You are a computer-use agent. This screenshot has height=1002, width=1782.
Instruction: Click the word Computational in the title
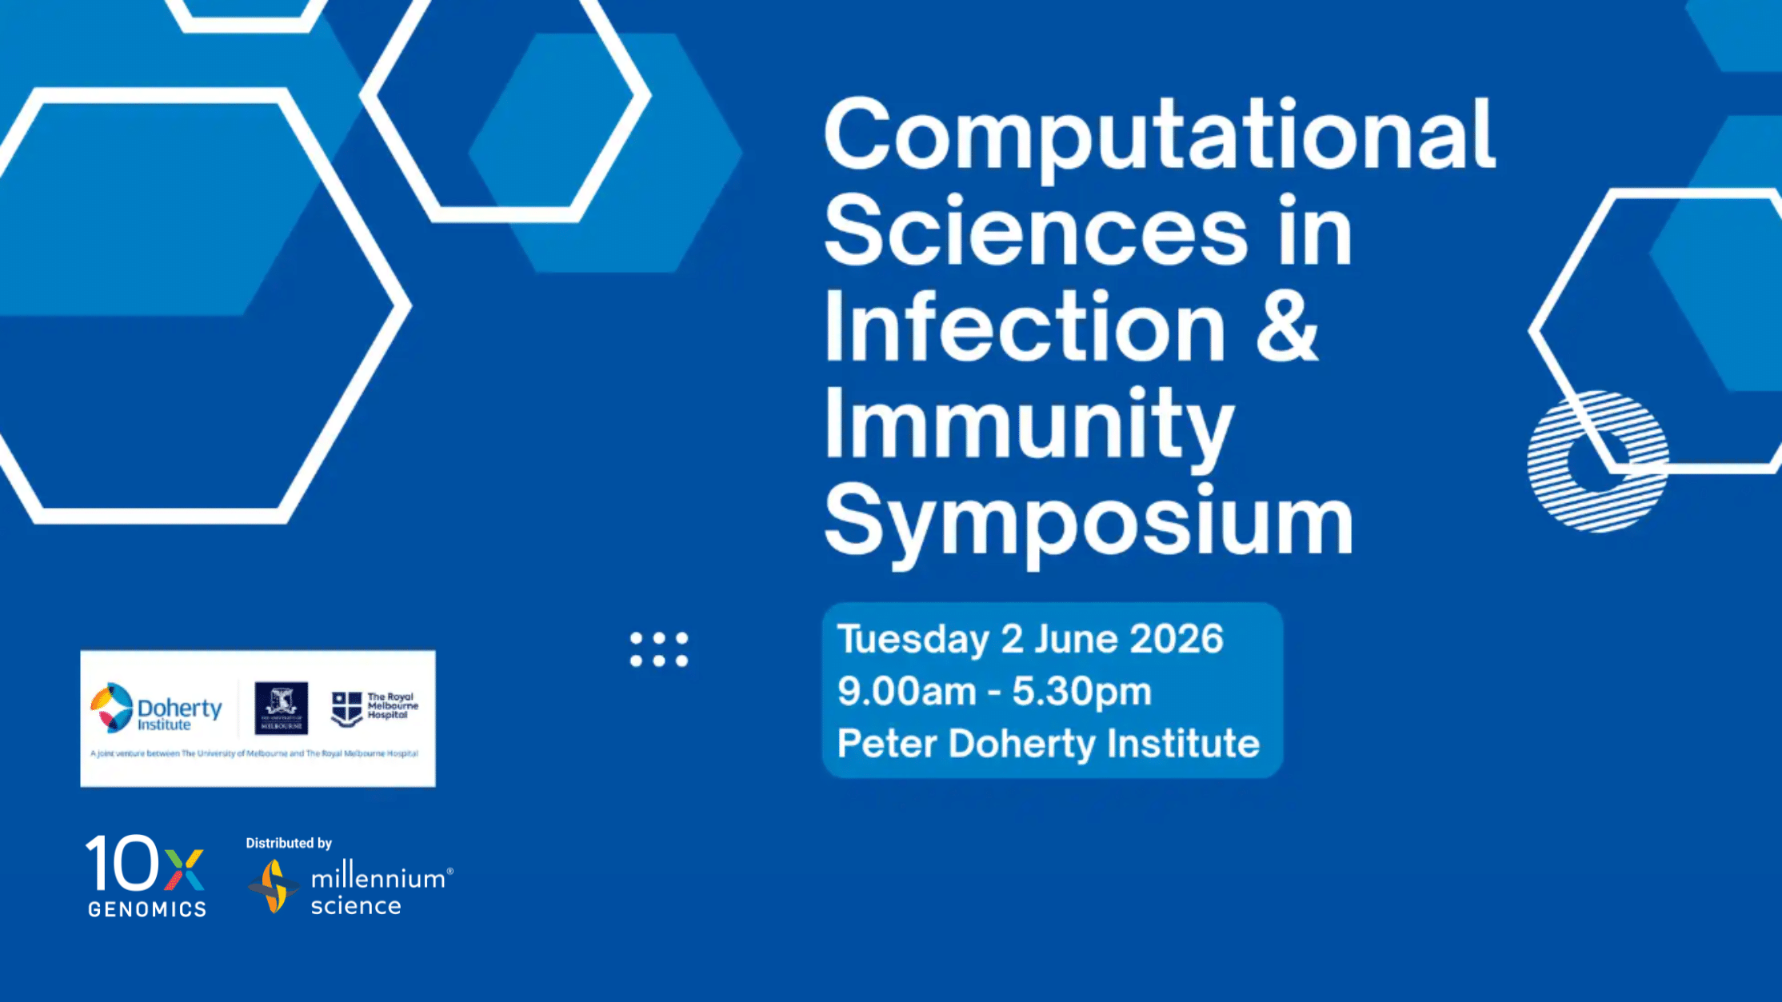click(1159, 137)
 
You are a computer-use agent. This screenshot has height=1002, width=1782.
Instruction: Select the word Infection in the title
click(1025, 328)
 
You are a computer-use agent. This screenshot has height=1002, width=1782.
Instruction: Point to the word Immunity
click(1029, 425)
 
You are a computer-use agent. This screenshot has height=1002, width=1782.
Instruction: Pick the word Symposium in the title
click(1089, 521)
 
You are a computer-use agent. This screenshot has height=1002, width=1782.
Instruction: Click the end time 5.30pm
click(1082, 692)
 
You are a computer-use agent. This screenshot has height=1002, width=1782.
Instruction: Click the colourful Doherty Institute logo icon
click(111, 708)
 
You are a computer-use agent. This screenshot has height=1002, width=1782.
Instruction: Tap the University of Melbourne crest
click(281, 708)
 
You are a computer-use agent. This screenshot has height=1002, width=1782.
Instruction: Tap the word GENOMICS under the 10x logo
click(147, 909)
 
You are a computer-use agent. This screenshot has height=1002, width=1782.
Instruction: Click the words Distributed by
click(289, 843)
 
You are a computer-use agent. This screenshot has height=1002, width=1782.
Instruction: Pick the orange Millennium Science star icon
click(274, 886)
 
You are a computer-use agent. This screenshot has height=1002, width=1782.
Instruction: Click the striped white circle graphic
click(1597, 461)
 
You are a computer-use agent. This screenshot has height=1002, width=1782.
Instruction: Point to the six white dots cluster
click(659, 649)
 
